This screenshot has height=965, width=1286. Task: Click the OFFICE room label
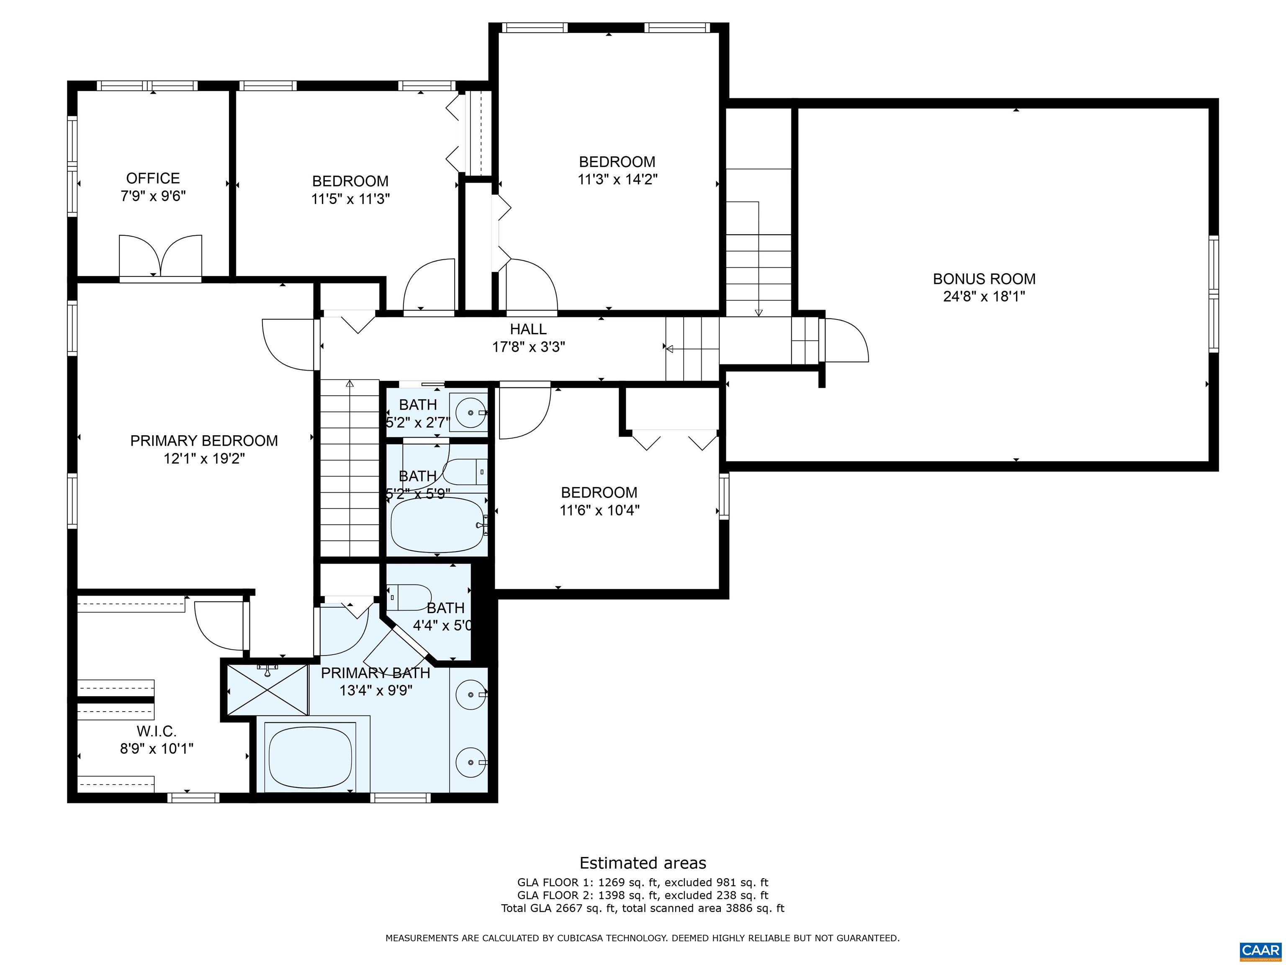pos(153,178)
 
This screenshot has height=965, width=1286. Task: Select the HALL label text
pos(528,329)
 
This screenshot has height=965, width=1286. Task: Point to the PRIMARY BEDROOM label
pos(204,441)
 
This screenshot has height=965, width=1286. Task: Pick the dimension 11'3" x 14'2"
pos(617,179)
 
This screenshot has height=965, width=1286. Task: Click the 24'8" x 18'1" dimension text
pos(984,297)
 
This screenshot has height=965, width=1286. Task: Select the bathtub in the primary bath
pos(311,756)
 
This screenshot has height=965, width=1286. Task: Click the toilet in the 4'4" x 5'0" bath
pos(409,597)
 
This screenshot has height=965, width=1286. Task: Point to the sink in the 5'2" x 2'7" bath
pos(471,413)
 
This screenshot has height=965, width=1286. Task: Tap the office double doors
pos(160,256)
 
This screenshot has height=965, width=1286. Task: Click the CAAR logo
pos(1260,950)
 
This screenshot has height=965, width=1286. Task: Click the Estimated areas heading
pos(643,863)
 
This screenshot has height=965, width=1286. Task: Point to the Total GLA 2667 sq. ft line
pos(643,908)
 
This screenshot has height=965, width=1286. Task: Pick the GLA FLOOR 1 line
pos(643,882)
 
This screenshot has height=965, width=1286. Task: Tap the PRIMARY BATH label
pos(376,673)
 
